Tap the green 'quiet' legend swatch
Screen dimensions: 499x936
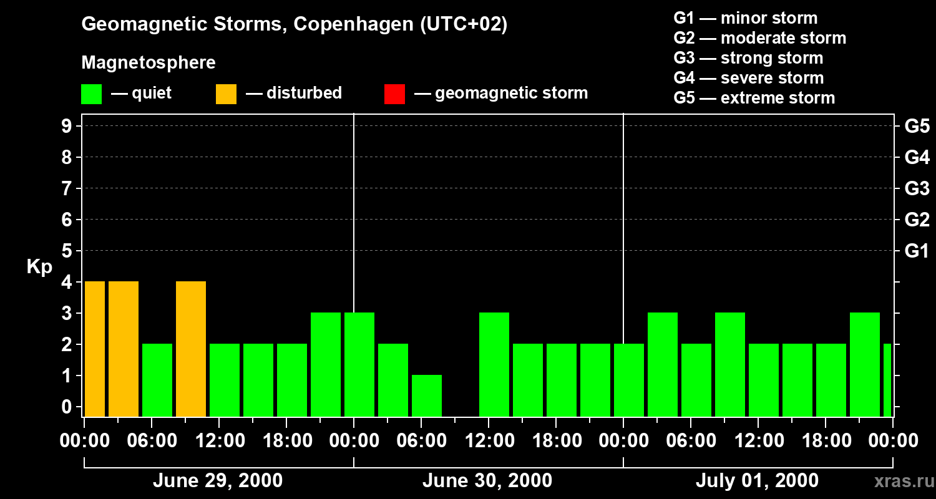point(91,94)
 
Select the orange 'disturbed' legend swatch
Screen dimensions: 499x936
point(226,94)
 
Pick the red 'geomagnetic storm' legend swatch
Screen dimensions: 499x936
point(394,94)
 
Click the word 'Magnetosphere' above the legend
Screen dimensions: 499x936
point(149,63)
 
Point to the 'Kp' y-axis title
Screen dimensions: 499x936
point(39,267)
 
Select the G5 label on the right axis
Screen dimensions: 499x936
point(917,127)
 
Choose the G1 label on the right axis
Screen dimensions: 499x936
point(917,251)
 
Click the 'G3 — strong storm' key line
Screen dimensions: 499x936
point(748,58)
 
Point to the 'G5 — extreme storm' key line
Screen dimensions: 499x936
point(754,98)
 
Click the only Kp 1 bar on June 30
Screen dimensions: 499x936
point(427,395)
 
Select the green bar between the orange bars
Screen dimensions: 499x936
point(157,380)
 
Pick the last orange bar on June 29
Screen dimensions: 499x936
point(191,349)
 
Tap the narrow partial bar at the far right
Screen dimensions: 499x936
point(887,380)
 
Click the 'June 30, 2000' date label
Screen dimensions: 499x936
point(487,481)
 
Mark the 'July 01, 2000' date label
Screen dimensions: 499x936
point(756,481)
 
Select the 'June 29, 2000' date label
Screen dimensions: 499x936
point(217,481)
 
